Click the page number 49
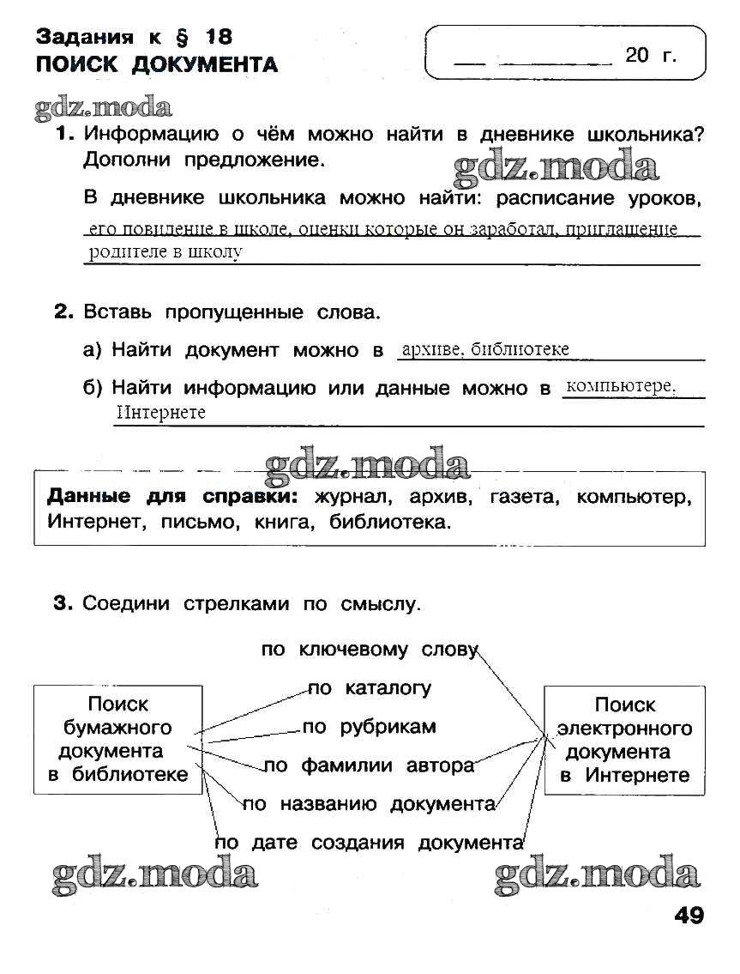click(x=689, y=916)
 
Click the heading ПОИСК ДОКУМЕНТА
click(x=157, y=64)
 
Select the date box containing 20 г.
click(x=565, y=53)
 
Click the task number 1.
click(x=65, y=135)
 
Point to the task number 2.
click(x=65, y=312)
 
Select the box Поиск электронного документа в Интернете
click(x=624, y=740)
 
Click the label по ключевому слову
click(x=369, y=650)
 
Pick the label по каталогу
click(x=370, y=688)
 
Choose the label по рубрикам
click(x=369, y=727)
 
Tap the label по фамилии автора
click(x=369, y=765)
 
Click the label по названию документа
click(x=369, y=804)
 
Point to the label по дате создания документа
click(x=369, y=843)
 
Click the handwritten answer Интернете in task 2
click(x=160, y=413)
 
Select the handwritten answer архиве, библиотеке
click(x=485, y=349)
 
